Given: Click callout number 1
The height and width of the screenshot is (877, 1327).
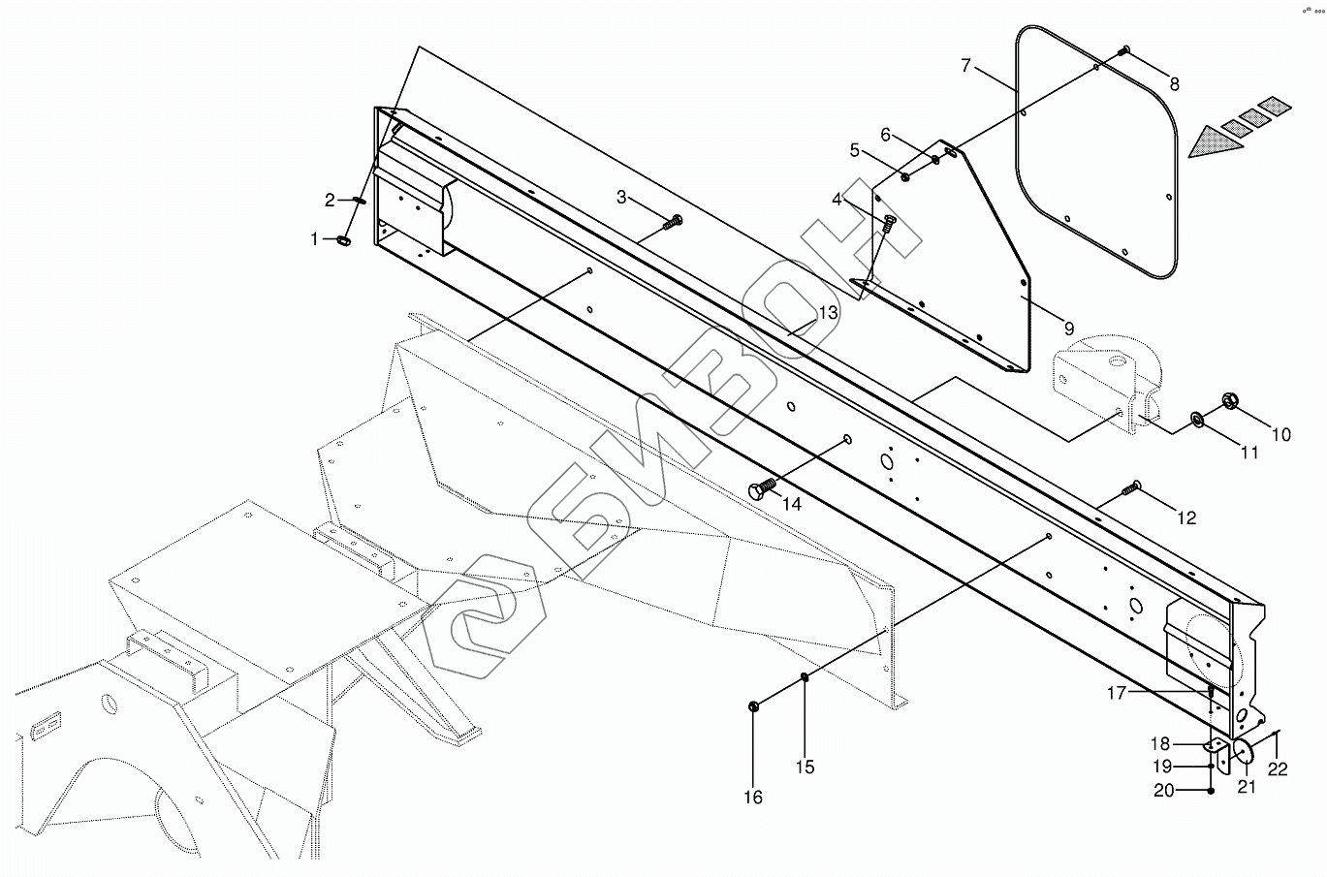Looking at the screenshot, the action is click(314, 238).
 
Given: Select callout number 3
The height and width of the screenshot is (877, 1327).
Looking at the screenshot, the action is click(621, 197).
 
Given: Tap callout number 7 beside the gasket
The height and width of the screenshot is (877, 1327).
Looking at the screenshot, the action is click(965, 66).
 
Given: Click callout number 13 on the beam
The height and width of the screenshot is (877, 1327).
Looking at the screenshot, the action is click(827, 312).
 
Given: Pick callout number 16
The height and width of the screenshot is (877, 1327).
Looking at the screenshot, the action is click(753, 798).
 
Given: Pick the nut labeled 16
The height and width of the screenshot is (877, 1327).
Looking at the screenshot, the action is click(756, 705).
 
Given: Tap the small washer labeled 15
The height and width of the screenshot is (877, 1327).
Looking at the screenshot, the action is click(806, 677).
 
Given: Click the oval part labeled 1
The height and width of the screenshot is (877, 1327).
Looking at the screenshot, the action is click(344, 239).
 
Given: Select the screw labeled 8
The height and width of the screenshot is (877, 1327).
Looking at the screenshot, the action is click(1124, 50).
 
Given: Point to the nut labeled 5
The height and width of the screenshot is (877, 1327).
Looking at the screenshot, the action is click(903, 175).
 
